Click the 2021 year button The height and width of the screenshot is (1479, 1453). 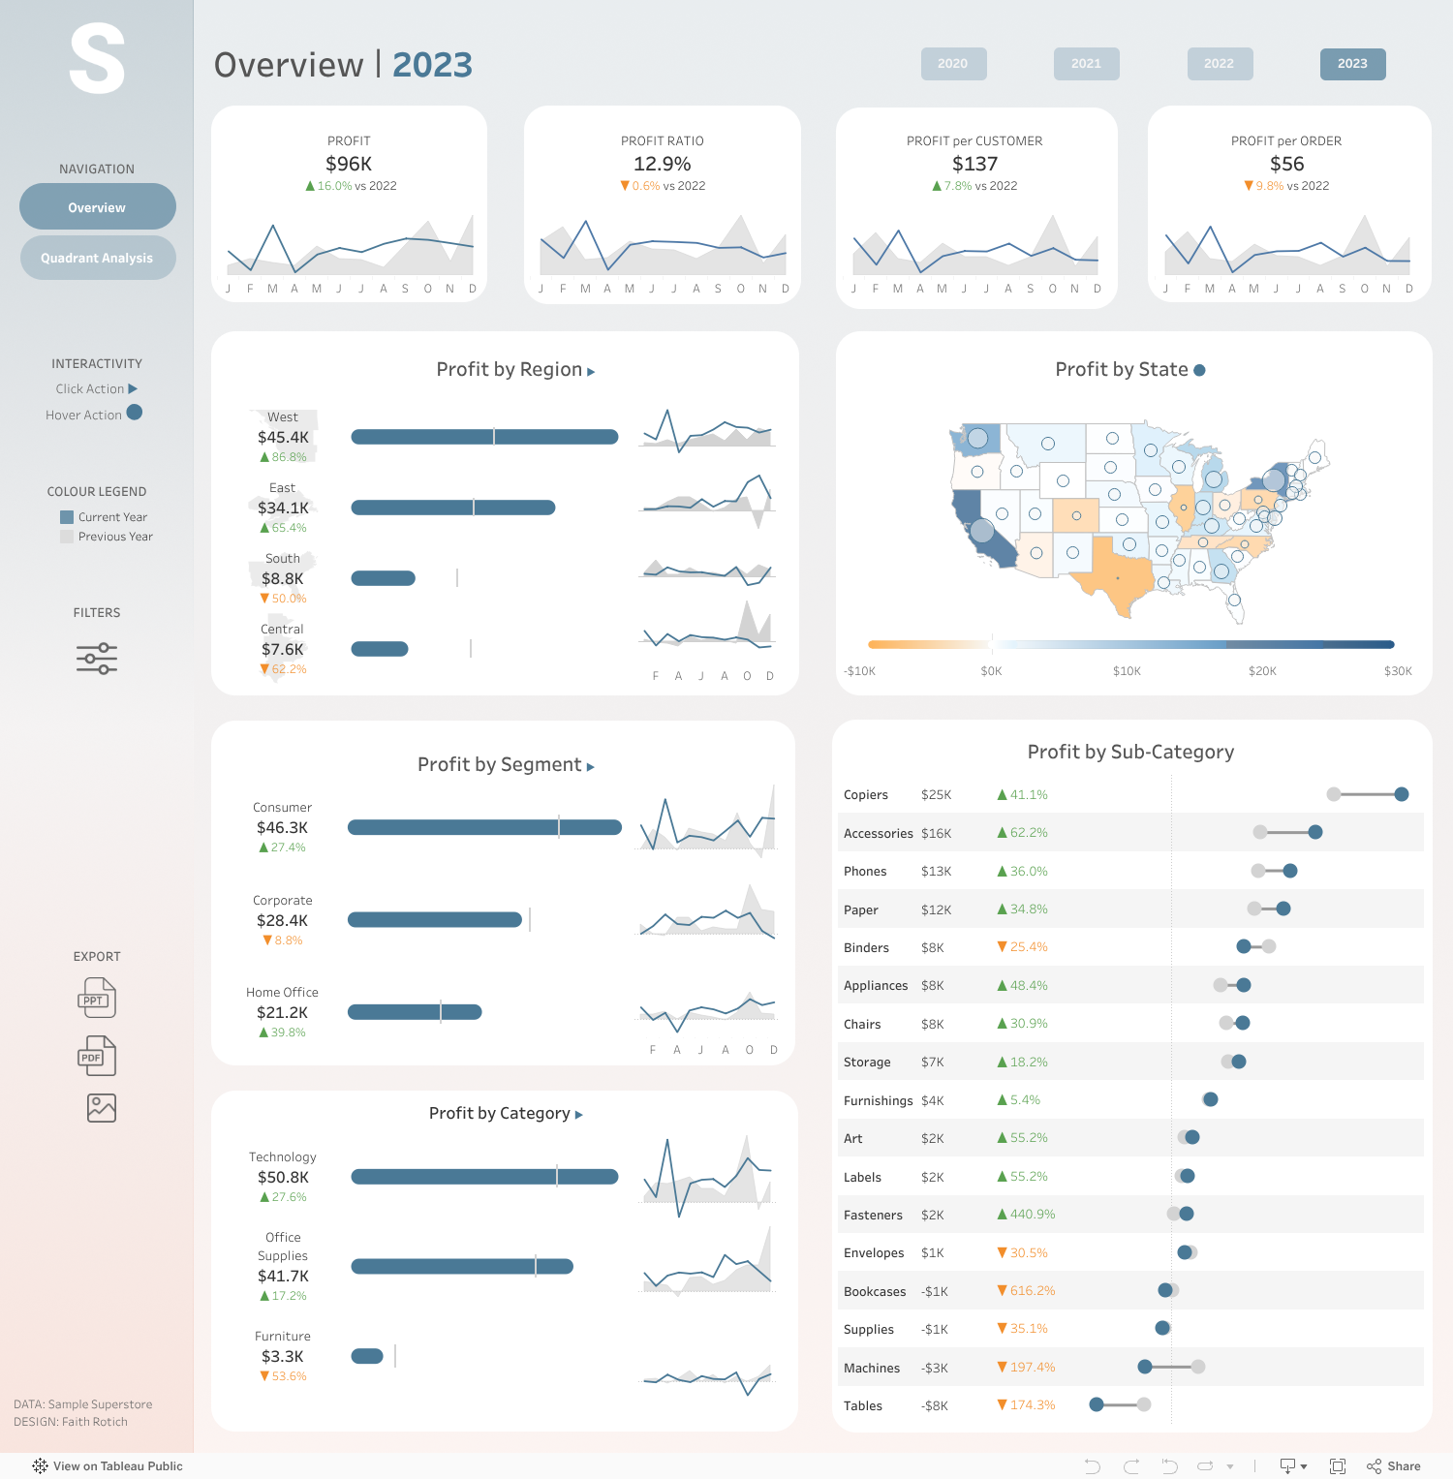pos(1086,64)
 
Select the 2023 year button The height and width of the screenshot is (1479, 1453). pos(1352,64)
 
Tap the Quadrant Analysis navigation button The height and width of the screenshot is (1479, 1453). pos(97,258)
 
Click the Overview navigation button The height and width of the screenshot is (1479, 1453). pos(97,207)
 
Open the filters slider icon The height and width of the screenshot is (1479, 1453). pos(97,659)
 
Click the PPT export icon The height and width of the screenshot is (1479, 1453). pos(97,998)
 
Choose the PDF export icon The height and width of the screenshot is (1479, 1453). pos(97,1056)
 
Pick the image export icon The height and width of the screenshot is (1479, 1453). pos(102,1108)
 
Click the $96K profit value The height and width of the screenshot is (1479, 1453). pos(349,164)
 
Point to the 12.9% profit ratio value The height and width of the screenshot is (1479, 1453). pos(663,164)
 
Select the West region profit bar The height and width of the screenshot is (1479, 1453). pos(484,437)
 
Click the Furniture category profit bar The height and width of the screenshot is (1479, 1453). pos(367,1356)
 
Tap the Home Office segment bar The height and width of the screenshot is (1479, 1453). pos(415,1012)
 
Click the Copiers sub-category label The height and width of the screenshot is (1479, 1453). pos(866,795)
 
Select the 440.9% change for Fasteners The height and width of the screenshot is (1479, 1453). pos(1033,1215)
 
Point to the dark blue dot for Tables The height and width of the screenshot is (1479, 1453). pos(1097,1404)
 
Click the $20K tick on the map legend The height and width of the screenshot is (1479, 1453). pos(1262,671)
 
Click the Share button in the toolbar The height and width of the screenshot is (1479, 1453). pos(1394,1466)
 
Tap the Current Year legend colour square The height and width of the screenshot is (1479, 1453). pos(67,517)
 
